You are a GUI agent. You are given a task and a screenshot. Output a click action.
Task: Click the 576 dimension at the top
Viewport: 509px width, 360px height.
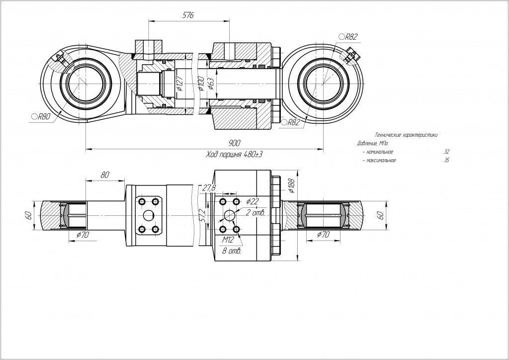coord(188,15)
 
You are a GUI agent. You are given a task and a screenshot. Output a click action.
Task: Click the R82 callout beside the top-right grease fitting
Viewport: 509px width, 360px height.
coord(350,36)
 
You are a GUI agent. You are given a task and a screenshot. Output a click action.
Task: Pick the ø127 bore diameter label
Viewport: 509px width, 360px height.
coord(179,88)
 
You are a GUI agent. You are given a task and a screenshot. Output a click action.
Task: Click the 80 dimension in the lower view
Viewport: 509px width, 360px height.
coord(105,175)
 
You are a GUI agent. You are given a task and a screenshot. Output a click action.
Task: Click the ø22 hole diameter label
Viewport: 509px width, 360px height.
coord(253,201)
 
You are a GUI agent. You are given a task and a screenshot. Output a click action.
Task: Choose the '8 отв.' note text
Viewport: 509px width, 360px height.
coord(232,251)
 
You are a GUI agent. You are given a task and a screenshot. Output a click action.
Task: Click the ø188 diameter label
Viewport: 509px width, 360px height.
coord(291,185)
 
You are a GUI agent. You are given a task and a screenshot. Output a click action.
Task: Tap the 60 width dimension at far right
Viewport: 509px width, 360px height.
coord(380,215)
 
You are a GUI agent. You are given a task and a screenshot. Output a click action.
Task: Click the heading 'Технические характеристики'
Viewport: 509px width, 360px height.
coord(406,135)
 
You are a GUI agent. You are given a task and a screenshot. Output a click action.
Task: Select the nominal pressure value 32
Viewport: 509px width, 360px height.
coord(446,152)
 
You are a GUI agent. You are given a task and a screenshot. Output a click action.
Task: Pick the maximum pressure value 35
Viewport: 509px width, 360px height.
coord(446,161)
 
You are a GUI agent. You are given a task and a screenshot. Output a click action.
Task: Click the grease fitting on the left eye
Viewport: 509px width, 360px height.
coord(60,59)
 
